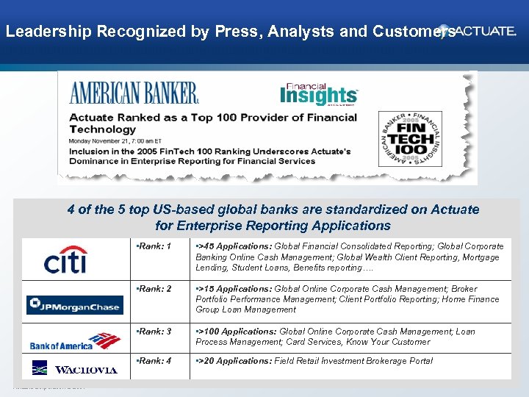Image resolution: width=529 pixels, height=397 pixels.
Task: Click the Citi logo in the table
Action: pyautogui.click(x=65, y=260)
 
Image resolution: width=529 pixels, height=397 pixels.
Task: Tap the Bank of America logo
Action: pyautogui.click(x=74, y=341)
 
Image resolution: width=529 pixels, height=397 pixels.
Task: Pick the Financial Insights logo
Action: pyautogui.click(x=318, y=94)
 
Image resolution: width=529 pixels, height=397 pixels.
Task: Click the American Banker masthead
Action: pyautogui.click(x=134, y=93)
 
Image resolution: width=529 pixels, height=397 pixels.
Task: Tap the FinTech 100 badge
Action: pyautogui.click(x=410, y=139)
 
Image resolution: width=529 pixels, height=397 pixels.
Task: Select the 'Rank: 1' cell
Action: pyautogui.click(x=154, y=246)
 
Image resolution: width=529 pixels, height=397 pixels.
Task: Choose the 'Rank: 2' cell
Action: pyautogui.click(x=154, y=289)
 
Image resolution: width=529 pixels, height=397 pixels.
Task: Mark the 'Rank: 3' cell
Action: pyautogui.click(x=154, y=332)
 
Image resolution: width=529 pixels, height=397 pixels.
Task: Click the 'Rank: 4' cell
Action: pyautogui.click(x=154, y=361)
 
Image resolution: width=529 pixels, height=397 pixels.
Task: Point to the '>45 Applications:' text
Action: pyautogui.click(x=234, y=246)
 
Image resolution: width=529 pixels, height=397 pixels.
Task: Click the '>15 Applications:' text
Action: pyautogui.click(x=234, y=289)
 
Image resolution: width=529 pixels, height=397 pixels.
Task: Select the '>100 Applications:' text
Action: pyautogui.click(x=237, y=332)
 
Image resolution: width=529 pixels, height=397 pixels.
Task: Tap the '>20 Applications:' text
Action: pyautogui.click(x=234, y=361)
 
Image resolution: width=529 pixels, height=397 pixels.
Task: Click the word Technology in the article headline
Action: pyautogui.click(x=102, y=129)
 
